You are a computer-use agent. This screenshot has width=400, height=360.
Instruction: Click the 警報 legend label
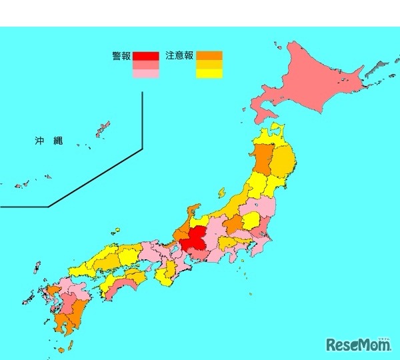[121, 57]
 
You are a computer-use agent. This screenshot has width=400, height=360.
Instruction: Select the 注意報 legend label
[179, 57]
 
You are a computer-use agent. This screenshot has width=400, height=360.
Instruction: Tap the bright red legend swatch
[145, 56]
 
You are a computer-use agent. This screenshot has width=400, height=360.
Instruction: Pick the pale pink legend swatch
[145, 74]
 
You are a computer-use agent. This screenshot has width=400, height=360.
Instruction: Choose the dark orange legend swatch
[209, 56]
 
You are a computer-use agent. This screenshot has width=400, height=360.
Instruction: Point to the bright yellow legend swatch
[209, 74]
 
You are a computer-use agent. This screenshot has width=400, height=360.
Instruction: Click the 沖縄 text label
[49, 141]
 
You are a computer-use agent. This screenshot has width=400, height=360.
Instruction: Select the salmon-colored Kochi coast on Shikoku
[120, 287]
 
